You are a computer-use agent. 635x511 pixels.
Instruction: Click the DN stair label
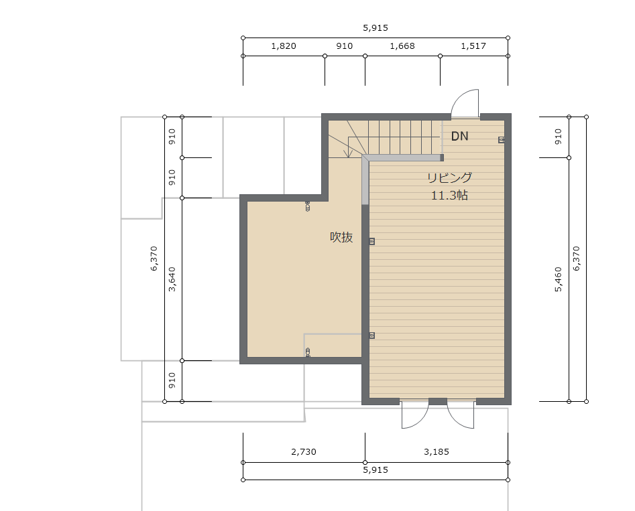[x=459, y=136]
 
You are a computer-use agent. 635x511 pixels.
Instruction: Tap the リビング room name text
[x=449, y=177]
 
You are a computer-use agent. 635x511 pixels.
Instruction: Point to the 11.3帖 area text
[x=449, y=196]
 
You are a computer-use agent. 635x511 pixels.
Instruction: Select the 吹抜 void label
[x=341, y=237]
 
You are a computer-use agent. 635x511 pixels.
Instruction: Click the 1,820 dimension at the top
[x=284, y=46]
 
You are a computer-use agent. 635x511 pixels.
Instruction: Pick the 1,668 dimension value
[x=402, y=46]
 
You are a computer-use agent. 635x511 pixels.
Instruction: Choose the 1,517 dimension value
[x=473, y=46]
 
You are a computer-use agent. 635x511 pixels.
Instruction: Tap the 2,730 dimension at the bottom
[x=304, y=452]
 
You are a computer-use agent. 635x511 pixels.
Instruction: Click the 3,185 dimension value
[x=437, y=452]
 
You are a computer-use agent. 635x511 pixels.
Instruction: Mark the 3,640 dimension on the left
[x=172, y=279]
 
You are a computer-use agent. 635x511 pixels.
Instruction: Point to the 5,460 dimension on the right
[x=559, y=279]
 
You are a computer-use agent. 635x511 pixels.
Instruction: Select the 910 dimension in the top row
[x=344, y=46]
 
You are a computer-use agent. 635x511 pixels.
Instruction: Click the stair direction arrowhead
[x=347, y=154]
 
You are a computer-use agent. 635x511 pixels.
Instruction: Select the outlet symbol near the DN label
[x=502, y=140]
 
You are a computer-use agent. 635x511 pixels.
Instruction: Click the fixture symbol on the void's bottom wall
[x=308, y=352]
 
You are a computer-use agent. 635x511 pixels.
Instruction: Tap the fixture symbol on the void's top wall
[x=307, y=206]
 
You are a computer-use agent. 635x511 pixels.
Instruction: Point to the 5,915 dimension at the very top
[x=376, y=28]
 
